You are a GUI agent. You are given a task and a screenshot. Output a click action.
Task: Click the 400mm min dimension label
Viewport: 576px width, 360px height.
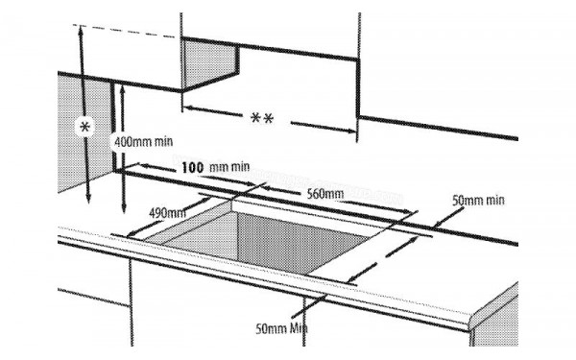tap(143, 141)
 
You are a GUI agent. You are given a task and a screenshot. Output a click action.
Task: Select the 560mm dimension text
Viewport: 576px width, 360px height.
tap(325, 194)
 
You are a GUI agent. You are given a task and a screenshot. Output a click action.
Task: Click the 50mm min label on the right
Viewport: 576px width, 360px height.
tap(477, 200)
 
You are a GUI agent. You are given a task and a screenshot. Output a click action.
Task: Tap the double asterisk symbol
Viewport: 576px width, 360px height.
tap(261, 118)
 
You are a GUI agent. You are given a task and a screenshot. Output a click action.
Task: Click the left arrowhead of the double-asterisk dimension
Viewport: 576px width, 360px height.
tap(186, 107)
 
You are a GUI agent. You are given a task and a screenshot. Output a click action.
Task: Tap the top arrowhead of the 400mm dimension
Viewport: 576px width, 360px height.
tap(125, 86)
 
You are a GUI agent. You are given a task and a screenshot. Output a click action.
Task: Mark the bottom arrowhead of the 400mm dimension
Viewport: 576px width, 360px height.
tap(126, 213)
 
